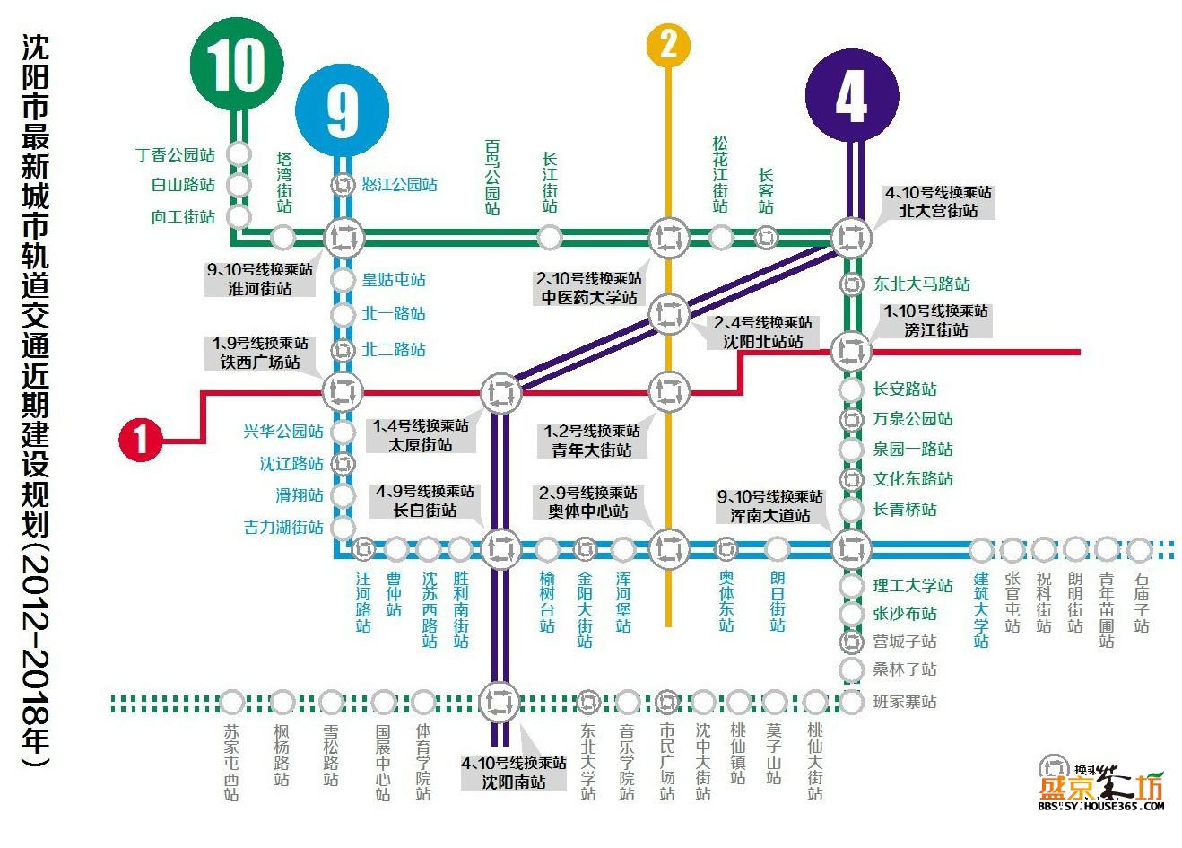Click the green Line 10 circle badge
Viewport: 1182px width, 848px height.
click(x=237, y=65)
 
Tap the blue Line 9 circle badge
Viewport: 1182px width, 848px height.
click(x=343, y=109)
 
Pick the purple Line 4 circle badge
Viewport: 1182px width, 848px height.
click(x=852, y=96)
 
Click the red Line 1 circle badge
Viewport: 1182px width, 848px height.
click(x=141, y=440)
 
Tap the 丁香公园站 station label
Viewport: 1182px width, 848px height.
click(x=175, y=154)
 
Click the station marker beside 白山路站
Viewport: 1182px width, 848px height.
click(x=239, y=185)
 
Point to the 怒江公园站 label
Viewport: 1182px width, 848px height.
click(x=399, y=184)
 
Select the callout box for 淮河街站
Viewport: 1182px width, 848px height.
click(x=259, y=279)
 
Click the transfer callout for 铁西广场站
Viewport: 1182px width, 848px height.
click(x=259, y=353)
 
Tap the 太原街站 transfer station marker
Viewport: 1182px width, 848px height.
click(x=500, y=393)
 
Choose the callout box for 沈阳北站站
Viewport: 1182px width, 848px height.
click(x=763, y=332)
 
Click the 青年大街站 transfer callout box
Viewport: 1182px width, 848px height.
click(x=592, y=441)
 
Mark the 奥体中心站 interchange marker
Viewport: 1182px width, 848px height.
click(x=668, y=548)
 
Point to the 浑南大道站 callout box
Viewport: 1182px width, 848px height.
click(x=769, y=506)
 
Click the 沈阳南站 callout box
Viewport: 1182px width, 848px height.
click(x=514, y=773)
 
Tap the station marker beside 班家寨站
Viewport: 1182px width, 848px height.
click(x=851, y=703)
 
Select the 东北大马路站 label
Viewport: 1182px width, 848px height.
click(x=922, y=284)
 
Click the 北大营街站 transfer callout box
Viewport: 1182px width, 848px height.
click(x=939, y=202)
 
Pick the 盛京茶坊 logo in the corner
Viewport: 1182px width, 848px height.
click(x=1100, y=782)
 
